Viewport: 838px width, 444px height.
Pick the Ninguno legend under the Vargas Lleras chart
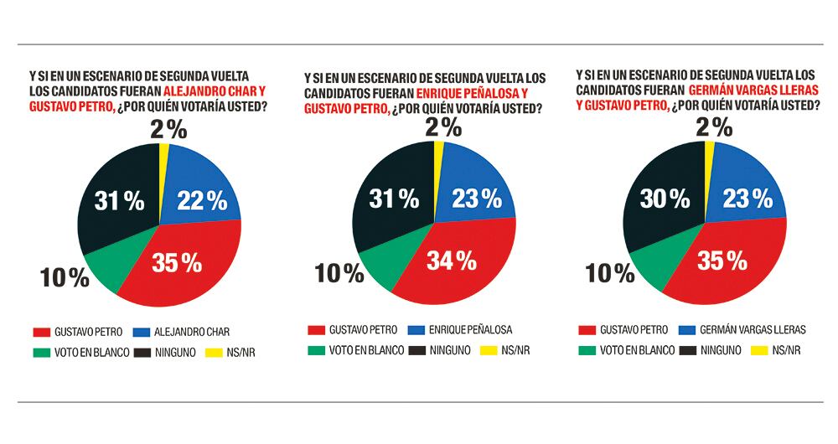pos(712,350)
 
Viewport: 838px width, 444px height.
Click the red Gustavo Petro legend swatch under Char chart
pos(39,331)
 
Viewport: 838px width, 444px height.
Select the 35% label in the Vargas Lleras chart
pos(722,260)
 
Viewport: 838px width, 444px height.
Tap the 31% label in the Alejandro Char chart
pos(119,200)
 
